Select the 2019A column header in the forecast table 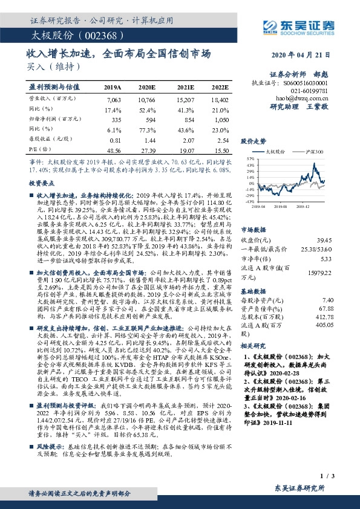[x=113, y=87]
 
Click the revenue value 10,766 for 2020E [x=148, y=98]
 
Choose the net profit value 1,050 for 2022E [x=221, y=120]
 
